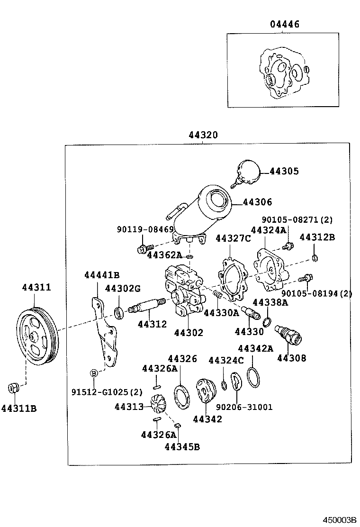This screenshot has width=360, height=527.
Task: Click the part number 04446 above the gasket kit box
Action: pos(285,24)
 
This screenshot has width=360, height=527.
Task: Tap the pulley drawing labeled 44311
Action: pos(36,336)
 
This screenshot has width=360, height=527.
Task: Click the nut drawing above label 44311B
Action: pos(14,388)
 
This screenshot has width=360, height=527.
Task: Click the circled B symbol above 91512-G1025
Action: pos(94,373)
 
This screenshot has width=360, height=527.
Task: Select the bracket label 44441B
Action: pos(102,275)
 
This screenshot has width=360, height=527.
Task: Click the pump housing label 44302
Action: pos(188,333)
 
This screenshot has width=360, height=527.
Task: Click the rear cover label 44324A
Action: pos(269,230)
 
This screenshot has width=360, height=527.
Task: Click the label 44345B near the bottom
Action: pos(182,446)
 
